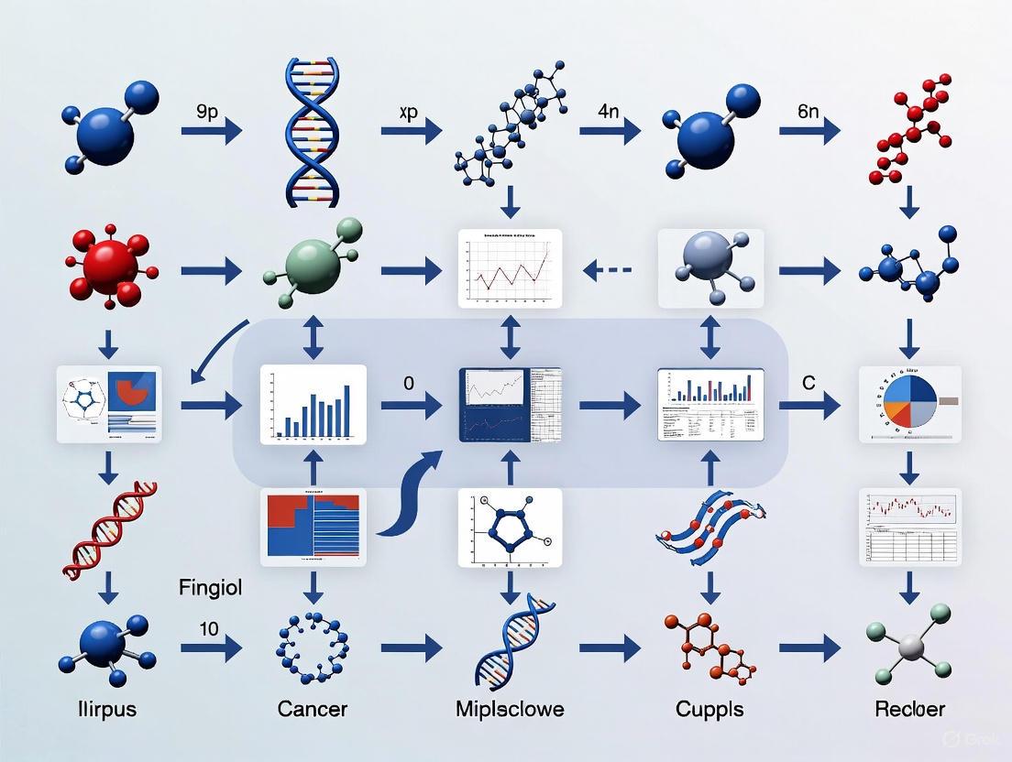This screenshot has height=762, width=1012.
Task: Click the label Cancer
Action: point(313,709)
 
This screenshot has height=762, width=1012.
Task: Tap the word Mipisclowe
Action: point(510,709)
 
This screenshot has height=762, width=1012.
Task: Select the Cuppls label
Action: point(709,709)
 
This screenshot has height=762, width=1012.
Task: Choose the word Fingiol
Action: point(211,588)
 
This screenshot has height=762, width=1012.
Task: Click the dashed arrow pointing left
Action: point(609,270)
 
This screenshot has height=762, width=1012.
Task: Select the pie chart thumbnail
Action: point(909,404)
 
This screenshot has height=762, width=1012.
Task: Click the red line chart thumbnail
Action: point(510,268)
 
